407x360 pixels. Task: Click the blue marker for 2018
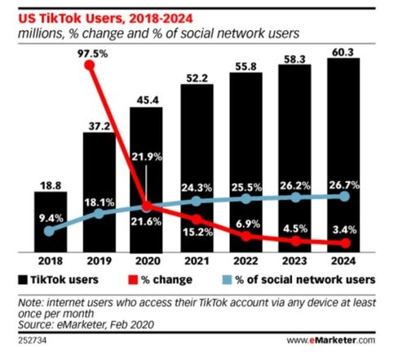pos(49,231)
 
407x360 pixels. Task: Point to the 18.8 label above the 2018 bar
pos(49,184)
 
